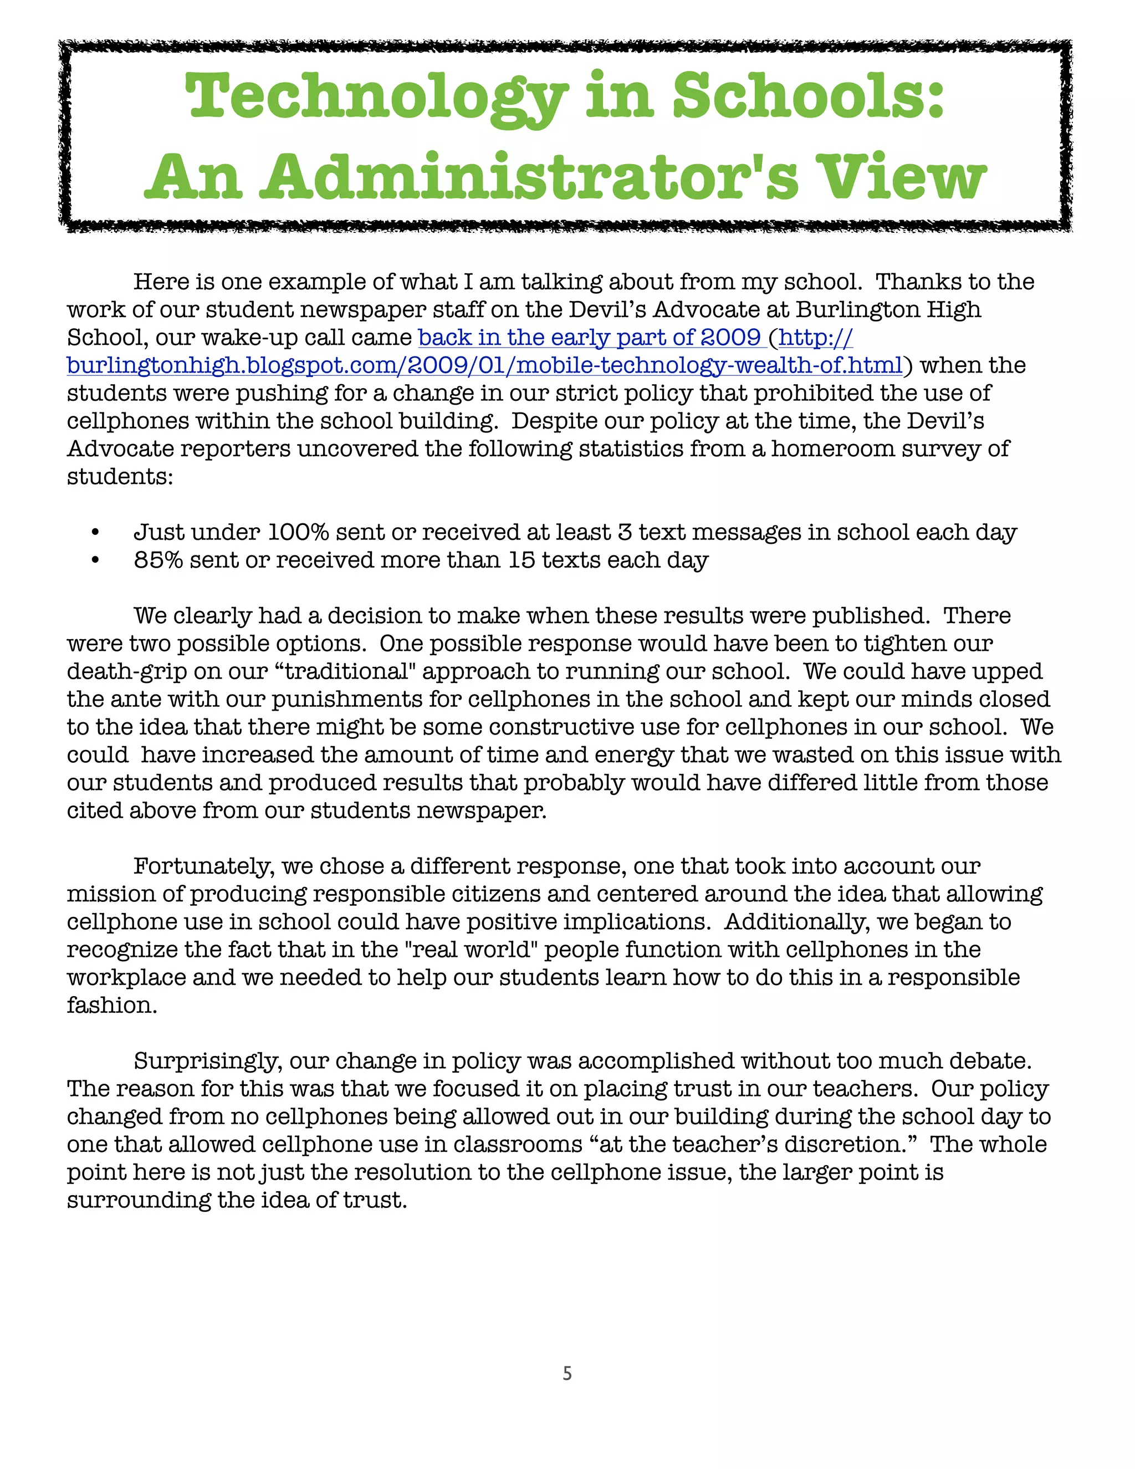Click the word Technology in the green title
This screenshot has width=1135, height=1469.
click(376, 98)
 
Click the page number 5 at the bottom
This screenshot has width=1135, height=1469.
click(567, 1374)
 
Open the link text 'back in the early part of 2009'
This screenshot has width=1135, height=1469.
click(590, 338)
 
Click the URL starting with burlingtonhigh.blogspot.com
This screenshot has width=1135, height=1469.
click(484, 365)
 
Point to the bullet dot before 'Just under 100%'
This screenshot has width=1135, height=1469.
click(95, 533)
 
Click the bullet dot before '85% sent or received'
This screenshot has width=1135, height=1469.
click(95, 561)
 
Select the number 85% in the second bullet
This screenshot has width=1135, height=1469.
click(158, 560)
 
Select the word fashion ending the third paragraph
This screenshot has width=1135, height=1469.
click(111, 1006)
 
